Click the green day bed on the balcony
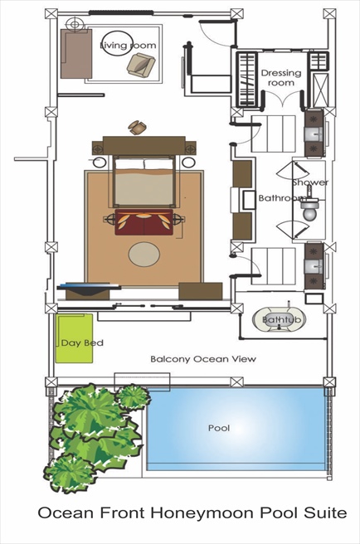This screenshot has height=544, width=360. pyautogui.click(x=74, y=338)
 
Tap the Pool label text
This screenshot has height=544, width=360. pyautogui.click(x=219, y=428)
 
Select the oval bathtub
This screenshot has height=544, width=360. pyautogui.click(x=280, y=319)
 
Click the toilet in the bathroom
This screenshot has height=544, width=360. pyautogui.click(x=309, y=210)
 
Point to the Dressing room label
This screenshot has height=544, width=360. pyautogui.click(x=281, y=78)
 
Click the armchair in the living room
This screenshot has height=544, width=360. pyautogui.click(x=140, y=65)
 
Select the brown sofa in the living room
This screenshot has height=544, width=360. pyautogui.click(x=76, y=53)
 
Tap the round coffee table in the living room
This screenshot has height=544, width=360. pyautogui.click(x=117, y=43)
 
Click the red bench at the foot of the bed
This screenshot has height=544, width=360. pyautogui.click(x=144, y=222)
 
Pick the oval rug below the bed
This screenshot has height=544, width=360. pyautogui.click(x=144, y=255)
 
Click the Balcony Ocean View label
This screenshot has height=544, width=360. pyautogui.click(x=203, y=359)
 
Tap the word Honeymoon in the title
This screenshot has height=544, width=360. pyautogui.click(x=204, y=513)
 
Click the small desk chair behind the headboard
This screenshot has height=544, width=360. pyautogui.click(x=138, y=127)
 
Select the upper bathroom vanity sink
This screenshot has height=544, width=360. pyautogui.click(x=314, y=133)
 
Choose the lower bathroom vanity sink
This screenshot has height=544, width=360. pyautogui.click(x=314, y=266)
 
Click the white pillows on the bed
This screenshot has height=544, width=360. pyautogui.click(x=144, y=163)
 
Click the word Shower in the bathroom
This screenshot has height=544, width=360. pyautogui.click(x=310, y=182)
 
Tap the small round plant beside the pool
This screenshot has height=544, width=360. pyautogui.click(x=133, y=396)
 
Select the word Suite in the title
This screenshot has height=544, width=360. pyautogui.click(x=325, y=513)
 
